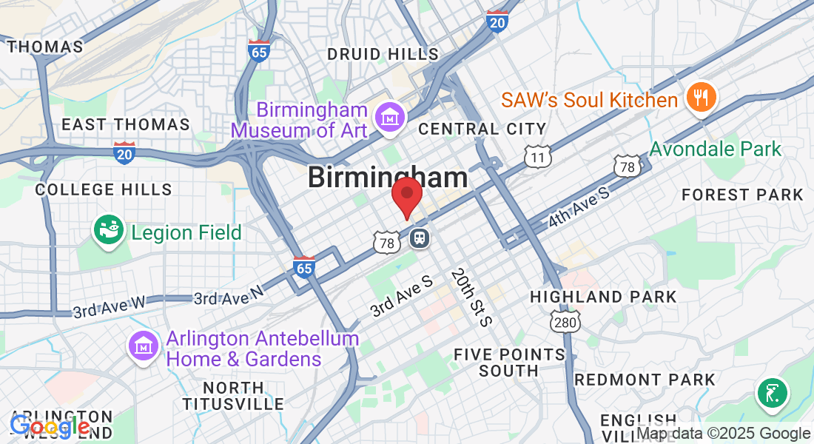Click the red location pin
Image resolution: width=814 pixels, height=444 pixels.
coord(406,194)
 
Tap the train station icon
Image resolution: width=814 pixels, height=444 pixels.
coord(419,238)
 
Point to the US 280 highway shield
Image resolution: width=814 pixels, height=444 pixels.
coord(565,320)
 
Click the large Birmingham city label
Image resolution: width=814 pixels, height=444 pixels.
coord(388,178)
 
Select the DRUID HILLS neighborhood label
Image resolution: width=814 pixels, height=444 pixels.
coord(383,54)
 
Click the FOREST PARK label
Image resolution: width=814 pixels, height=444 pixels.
coord(742,195)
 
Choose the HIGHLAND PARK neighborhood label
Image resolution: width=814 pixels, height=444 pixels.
coord(603,297)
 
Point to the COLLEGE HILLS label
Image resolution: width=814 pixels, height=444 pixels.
coord(104,189)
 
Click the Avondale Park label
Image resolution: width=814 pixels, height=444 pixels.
coord(715,149)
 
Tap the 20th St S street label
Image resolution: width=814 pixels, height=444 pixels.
coord(471,296)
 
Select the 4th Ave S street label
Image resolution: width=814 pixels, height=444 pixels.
coord(579,209)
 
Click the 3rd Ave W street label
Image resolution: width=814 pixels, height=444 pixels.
coord(108,305)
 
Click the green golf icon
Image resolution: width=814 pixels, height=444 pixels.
coord(772,391)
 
